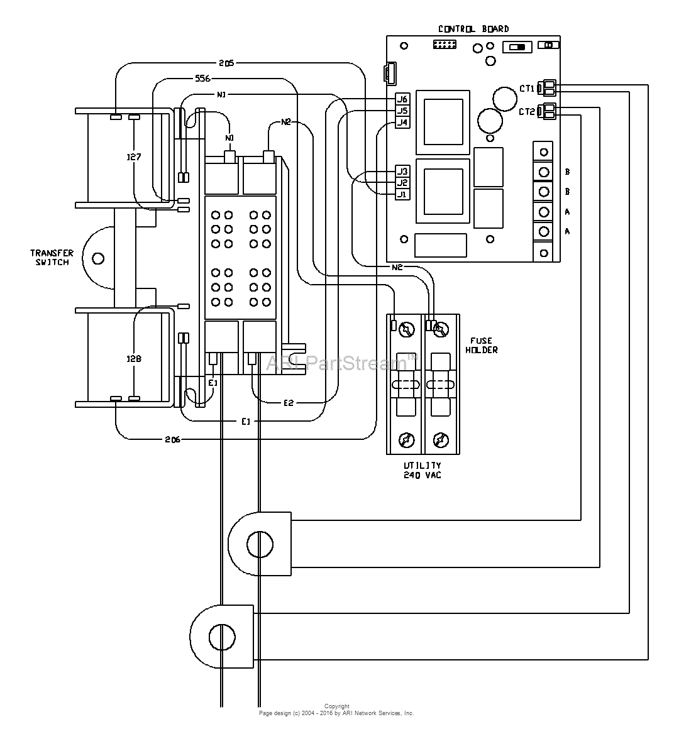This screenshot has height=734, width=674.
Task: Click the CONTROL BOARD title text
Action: tap(473, 29)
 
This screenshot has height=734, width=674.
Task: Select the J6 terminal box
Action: tap(402, 99)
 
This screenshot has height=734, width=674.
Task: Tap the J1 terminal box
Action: tap(402, 195)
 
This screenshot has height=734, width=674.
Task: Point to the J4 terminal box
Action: tap(402, 123)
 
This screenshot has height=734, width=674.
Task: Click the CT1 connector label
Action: tap(526, 89)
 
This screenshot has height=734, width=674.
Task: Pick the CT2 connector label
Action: tap(526, 112)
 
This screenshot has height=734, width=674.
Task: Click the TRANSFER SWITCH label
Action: tap(52, 258)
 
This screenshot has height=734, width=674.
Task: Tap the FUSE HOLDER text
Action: tap(482, 346)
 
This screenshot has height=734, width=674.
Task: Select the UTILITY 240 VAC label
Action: tap(423, 471)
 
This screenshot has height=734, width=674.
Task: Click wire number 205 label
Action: tap(226, 63)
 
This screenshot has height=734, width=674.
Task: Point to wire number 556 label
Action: tap(202, 79)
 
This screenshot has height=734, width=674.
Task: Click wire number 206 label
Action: tap(172, 439)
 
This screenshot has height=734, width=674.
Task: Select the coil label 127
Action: tap(133, 157)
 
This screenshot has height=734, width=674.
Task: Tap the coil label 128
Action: tap(133, 359)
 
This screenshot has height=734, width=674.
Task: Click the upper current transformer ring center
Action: tap(260, 544)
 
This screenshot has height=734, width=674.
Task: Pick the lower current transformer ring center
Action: tap(221, 637)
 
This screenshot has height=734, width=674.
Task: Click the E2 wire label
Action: tap(288, 403)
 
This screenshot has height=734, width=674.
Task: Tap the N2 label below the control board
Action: tap(397, 267)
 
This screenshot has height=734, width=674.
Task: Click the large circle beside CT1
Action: tap(504, 98)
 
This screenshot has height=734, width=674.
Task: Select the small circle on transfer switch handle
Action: tap(97, 258)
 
